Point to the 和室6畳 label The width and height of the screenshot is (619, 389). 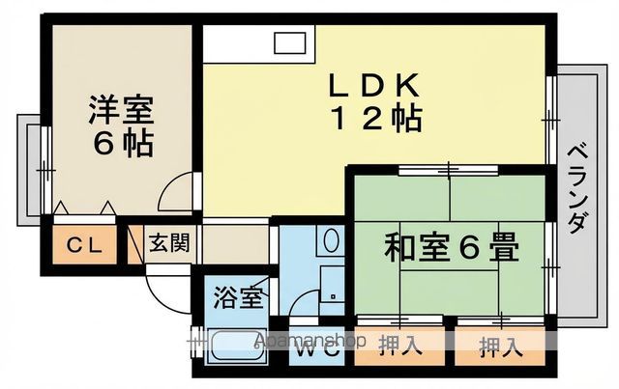(x=452, y=249)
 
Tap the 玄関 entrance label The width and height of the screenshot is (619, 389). (x=168, y=242)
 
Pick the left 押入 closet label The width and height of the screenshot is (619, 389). (x=398, y=345)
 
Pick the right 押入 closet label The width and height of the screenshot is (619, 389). (x=502, y=345)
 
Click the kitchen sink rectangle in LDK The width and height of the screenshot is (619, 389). (x=290, y=43)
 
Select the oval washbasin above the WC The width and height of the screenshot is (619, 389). (x=330, y=240)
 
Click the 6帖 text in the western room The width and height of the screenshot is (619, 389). (x=122, y=144)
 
